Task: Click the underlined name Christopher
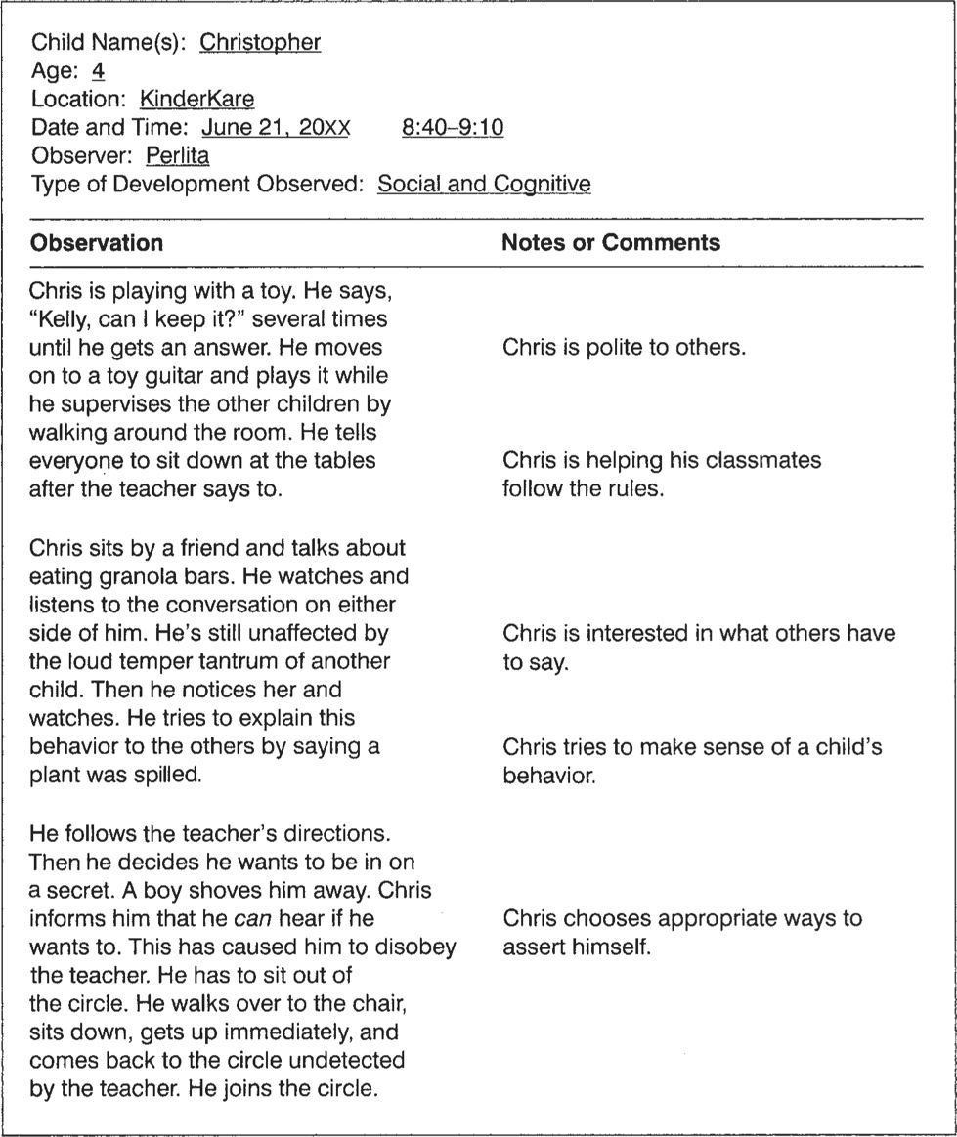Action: tap(259, 42)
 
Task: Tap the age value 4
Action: tap(98, 70)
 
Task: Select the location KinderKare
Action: tap(196, 99)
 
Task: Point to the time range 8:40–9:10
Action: tap(453, 127)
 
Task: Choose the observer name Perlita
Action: tap(177, 155)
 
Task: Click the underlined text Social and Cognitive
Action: tap(484, 184)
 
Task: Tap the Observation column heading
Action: tap(97, 242)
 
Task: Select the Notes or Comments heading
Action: tap(610, 242)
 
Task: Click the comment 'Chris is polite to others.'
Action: tap(624, 347)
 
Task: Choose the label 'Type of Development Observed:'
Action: tap(200, 184)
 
